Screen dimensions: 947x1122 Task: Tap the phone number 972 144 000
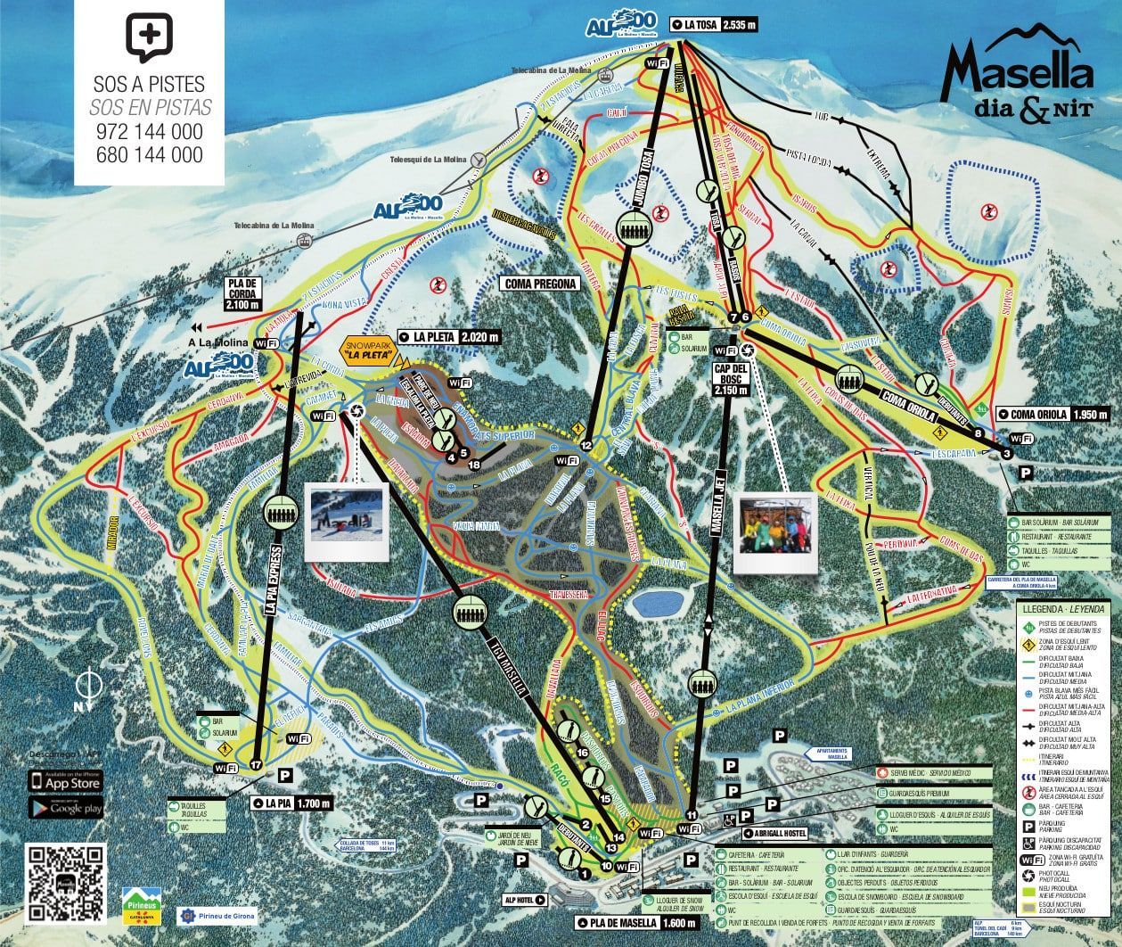click(x=150, y=132)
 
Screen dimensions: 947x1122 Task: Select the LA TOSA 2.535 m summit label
click(x=716, y=25)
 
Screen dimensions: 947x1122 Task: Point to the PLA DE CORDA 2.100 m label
click(x=242, y=292)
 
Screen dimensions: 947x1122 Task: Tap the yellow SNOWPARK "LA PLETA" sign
click(x=373, y=350)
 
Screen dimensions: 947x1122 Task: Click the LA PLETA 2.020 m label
click(x=451, y=337)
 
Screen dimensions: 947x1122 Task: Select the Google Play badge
click(x=66, y=808)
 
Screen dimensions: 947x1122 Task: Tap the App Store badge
click(x=66, y=780)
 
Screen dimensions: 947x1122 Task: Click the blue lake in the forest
click(x=657, y=605)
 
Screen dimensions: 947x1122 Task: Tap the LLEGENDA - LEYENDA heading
click(x=1063, y=608)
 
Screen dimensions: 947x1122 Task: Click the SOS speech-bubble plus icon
click(x=149, y=37)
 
